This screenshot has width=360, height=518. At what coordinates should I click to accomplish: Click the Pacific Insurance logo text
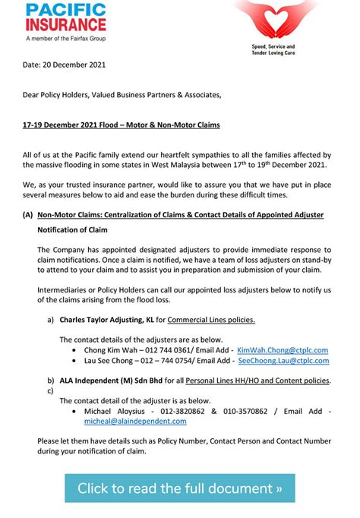[67, 19]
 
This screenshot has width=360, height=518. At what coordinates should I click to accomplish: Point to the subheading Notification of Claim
[72, 229]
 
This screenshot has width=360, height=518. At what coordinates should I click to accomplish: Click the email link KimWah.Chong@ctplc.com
[283, 350]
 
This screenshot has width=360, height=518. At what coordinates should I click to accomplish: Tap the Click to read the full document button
[179, 487]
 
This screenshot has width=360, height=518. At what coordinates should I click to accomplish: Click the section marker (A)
[27, 215]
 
